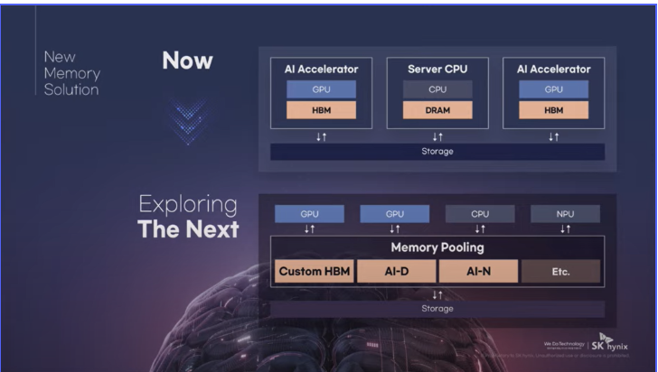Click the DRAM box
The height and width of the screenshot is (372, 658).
(x=437, y=110)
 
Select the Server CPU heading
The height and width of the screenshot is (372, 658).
(x=437, y=69)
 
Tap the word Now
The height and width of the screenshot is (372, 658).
(x=187, y=61)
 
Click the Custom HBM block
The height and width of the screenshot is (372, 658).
(x=315, y=271)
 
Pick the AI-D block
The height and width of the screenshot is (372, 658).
(x=396, y=271)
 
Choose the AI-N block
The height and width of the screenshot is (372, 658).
(x=478, y=271)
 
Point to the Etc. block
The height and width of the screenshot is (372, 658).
(x=560, y=271)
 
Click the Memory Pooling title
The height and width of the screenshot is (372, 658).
(x=437, y=246)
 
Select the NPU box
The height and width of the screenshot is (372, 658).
(x=565, y=214)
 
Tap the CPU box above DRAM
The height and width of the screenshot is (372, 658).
(x=437, y=89)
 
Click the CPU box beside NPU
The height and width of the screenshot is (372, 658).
(x=480, y=214)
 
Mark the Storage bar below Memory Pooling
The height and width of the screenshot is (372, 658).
(x=437, y=309)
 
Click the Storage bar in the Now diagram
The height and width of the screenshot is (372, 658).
(x=437, y=151)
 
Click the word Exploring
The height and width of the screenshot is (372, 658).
(x=188, y=204)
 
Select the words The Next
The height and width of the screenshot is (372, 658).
(x=188, y=229)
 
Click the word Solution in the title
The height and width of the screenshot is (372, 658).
(x=70, y=89)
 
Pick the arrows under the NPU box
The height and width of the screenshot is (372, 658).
(x=565, y=229)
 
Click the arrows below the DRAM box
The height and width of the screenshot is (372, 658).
(x=437, y=136)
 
